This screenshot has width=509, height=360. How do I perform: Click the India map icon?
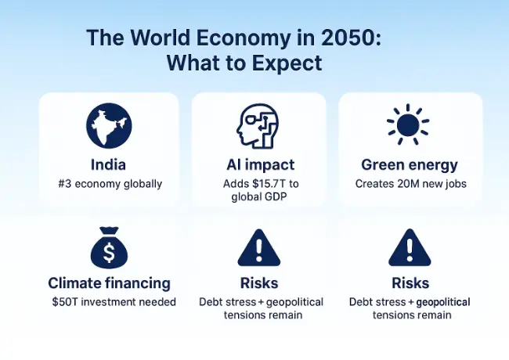coord(109,126)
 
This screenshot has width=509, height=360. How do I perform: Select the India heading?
coord(109,165)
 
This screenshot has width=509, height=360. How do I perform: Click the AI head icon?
coord(258,126)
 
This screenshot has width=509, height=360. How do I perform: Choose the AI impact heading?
coord(258,165)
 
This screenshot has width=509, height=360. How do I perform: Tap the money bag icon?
coord(109,249)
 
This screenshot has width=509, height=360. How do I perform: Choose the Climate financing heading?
coord(109,283)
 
